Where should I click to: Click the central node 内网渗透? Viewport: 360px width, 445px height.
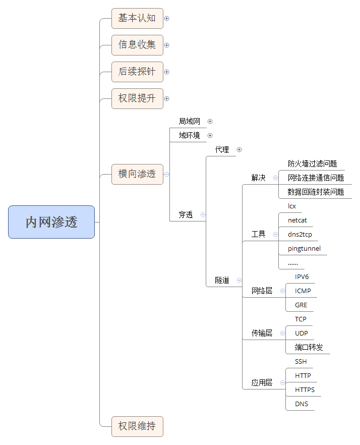point(51,222)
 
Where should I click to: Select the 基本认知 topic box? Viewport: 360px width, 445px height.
point(137,18)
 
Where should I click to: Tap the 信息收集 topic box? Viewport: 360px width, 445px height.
point(137,45)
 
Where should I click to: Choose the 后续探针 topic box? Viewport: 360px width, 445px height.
point(137,72)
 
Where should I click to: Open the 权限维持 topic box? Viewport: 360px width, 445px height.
point(137,426)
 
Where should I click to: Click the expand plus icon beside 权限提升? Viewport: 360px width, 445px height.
point(167,98)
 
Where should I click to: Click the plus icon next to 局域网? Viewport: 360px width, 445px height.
point(210,121)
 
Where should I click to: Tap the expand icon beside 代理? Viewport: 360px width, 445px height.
point(239,149)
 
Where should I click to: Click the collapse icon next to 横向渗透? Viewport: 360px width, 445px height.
point(167,174)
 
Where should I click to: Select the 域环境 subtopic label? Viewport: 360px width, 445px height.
point(189,135)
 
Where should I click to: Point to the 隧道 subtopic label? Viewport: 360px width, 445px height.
point(222,281)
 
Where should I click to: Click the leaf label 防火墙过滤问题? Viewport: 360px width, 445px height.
point(312,163)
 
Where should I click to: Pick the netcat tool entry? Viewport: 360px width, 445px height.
point(297,220)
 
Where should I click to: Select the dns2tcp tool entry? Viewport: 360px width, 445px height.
point(300,234)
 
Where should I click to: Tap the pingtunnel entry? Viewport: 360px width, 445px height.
point(304,248)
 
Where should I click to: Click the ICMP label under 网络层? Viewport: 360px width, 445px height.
point(303,291)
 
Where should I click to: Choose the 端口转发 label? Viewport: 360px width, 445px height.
point(309,347)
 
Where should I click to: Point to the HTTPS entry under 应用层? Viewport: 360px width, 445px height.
point(305,390)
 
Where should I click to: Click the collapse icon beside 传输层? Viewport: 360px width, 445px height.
point(282,333)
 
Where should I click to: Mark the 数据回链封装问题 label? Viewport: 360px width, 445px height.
point(316,192)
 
